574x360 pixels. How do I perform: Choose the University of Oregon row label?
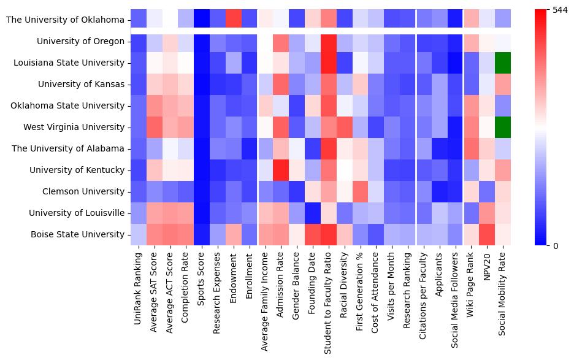click(x=81, y=41)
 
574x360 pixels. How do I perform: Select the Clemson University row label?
click(x=83, y=191)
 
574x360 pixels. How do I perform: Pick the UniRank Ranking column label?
click(x=138, y=286)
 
